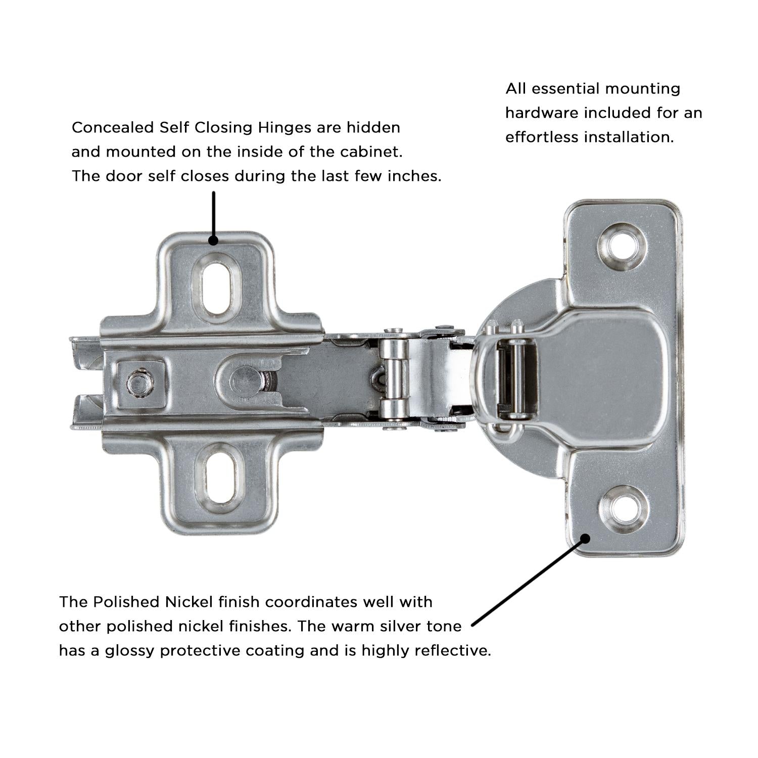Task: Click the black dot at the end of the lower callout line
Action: [x=585, y=538]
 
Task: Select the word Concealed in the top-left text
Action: [x=113, y=127]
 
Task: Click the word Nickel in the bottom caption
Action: [x=189, y=602]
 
